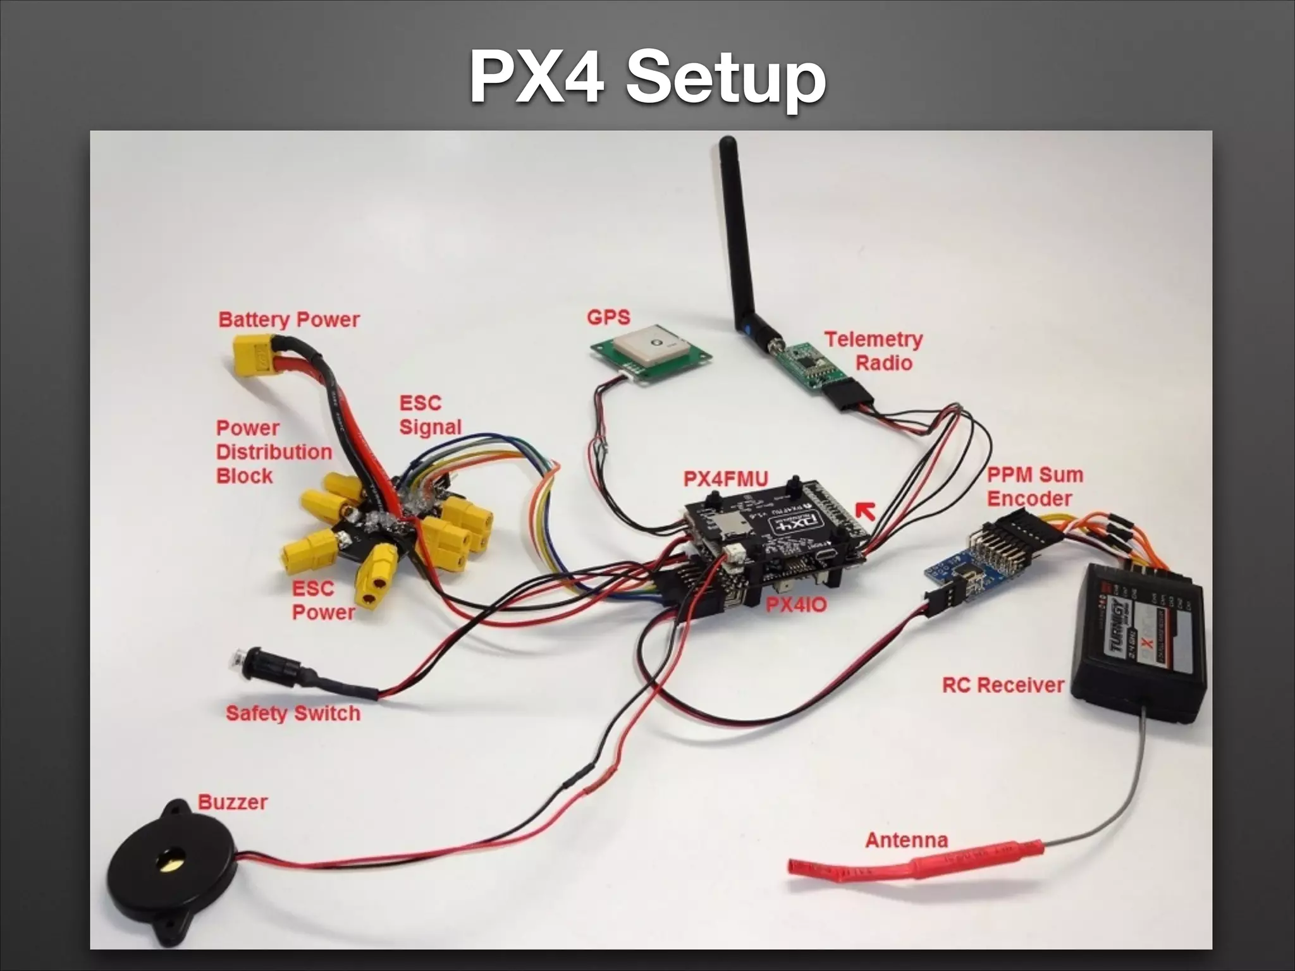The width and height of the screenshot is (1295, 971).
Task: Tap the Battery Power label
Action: click(289, 320)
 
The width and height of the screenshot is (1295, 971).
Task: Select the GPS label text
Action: click(608, 317)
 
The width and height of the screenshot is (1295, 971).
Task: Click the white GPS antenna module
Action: click(651, 347)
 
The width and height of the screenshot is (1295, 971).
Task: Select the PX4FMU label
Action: click(726, 479)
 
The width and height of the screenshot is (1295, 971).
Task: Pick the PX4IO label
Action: click(796, 605)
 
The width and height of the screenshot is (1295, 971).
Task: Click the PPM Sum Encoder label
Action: click(1034, 487)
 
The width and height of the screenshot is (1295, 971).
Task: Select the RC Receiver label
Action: click(1003, 685)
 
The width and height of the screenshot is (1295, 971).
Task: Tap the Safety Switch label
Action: click(293, 714)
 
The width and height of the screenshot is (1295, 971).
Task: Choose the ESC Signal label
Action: click(430, 415)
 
